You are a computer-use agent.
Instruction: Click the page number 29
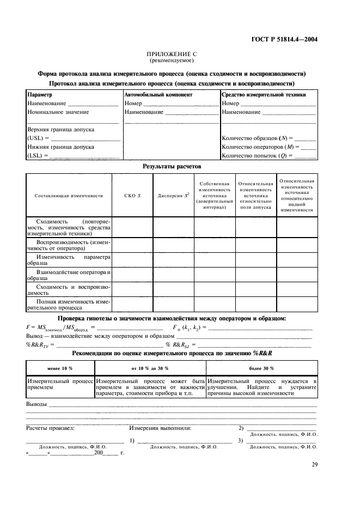[314, 464]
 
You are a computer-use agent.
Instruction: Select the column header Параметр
[38, 95]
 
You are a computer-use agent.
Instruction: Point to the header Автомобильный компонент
[158, 95]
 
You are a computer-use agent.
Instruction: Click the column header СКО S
[132, 195]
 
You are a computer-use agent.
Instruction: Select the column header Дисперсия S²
[173, 195]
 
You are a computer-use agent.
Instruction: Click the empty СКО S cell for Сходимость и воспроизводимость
[132, 289]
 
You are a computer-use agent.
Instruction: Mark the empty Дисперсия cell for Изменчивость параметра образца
[173, 260]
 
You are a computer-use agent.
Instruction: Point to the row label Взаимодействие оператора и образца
[69, 275]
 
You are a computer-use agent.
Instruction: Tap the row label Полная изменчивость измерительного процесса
[69, 304]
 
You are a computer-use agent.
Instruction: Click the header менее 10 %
[60, 368]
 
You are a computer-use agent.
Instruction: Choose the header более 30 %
[261, 368]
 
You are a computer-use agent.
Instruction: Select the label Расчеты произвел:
[50, 428]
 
